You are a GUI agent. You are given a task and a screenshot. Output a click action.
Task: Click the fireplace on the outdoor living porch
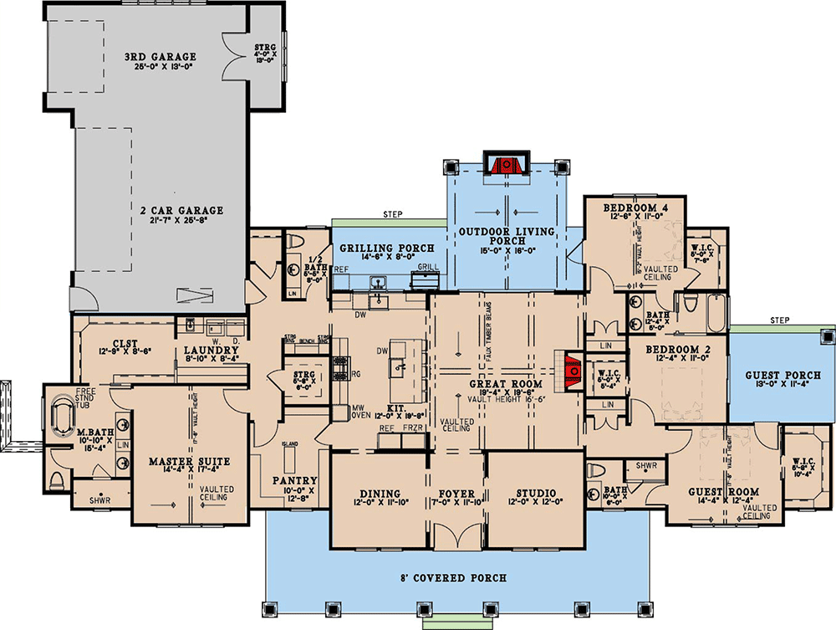[505, 165]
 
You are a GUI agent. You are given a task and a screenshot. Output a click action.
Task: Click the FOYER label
[456, 494]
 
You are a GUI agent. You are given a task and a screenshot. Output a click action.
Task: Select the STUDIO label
[535, 494]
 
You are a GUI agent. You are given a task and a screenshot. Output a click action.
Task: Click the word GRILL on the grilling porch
[428, 267]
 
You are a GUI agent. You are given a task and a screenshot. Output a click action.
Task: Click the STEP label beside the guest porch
[779, 320]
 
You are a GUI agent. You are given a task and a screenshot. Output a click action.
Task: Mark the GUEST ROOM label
[723, 492]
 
